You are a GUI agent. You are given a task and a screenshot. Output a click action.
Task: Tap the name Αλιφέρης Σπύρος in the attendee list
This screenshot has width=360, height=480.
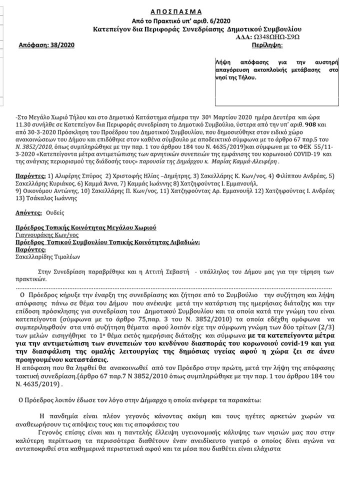pos(73,162)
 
